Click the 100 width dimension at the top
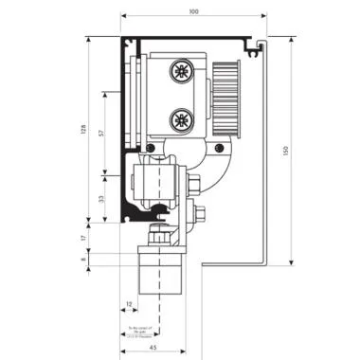tap(194, 11)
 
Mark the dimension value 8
tap(84, 258)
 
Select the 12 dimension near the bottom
tap(129, 304)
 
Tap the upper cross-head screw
tap(180, 71)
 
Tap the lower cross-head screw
tap(180, 118)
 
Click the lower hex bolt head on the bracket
tap(198, 216)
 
